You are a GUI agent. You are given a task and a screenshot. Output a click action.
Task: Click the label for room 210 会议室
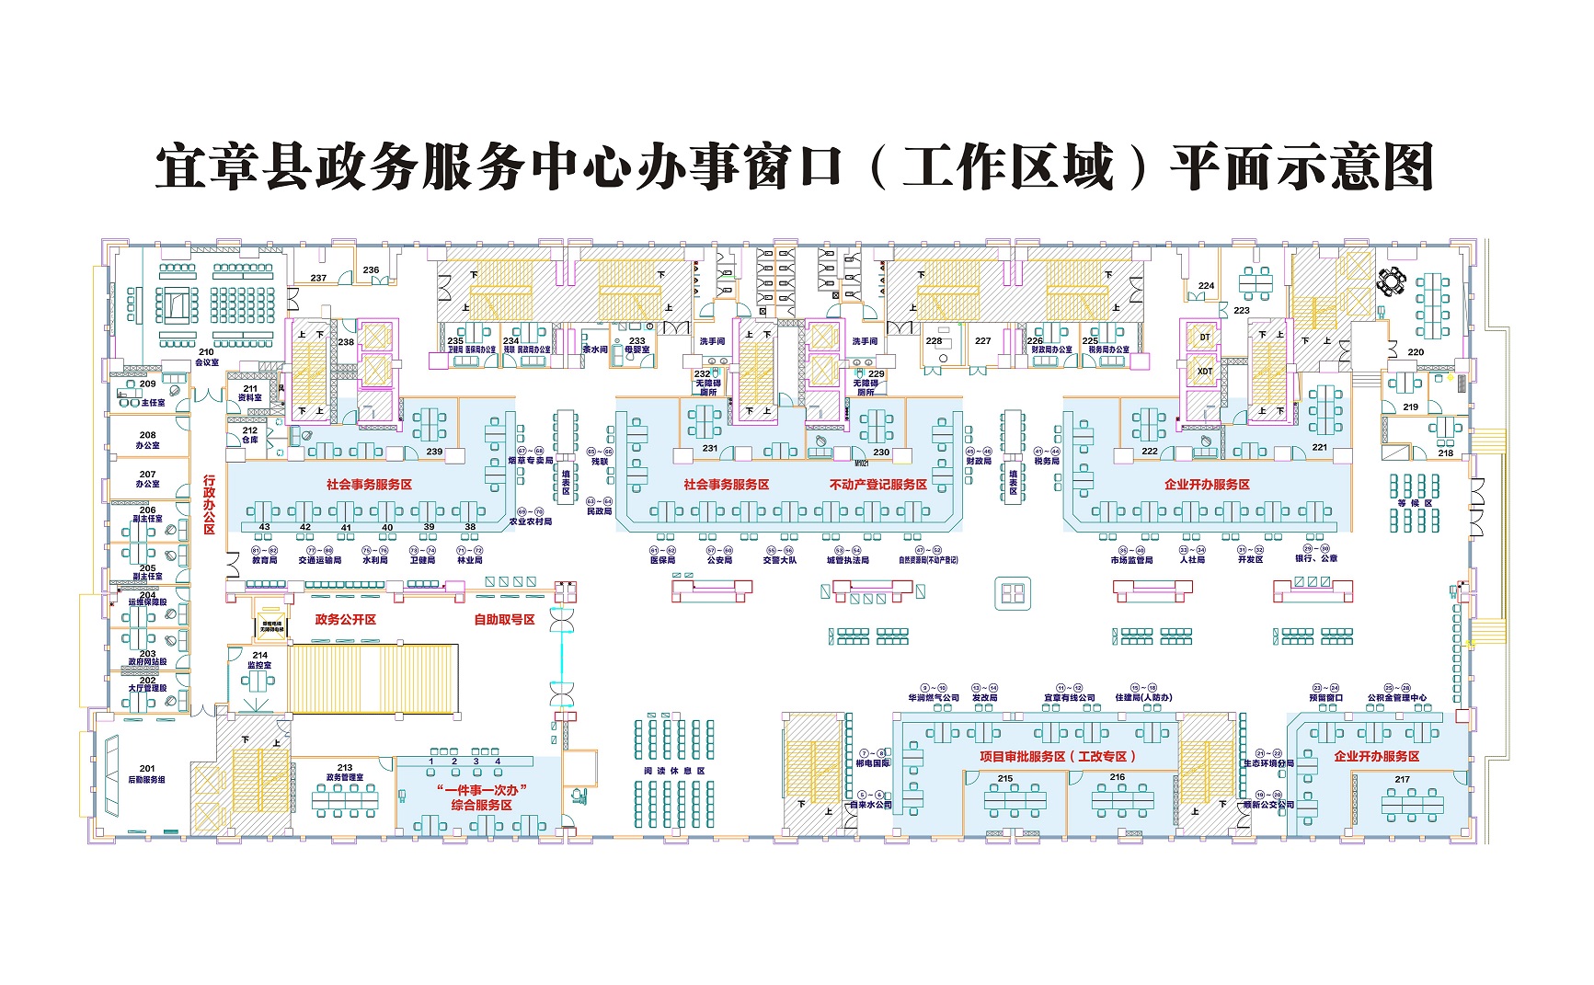click(x=206, y=357)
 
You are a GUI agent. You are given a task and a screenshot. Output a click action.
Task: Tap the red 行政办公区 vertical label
click(x=209, y=505)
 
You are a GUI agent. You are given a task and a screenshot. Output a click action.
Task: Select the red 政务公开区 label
click(x=346, y=620)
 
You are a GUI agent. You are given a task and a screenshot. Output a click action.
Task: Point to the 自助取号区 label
click(x=504, y=620)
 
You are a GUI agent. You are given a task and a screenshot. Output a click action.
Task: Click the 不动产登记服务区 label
click(x=877, y=485)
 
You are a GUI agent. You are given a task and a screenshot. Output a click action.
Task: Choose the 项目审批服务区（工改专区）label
click(x=1059, y=756)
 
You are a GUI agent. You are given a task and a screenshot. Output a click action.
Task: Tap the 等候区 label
click(x=1415, y=503)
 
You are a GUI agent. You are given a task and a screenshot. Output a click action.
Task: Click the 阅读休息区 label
click(x=673, y=771)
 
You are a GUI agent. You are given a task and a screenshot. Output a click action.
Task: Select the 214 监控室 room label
click(x=259, y=660)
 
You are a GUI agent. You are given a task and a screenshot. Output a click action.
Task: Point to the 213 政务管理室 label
click(x=345, y=773)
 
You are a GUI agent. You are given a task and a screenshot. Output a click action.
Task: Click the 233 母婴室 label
click(x=636, y=345)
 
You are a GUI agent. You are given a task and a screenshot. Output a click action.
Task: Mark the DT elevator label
click(x=1205, y=338)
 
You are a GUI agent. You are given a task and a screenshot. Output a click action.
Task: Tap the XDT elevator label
click(x=1205, y=372)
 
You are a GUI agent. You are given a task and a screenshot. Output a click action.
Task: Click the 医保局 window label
click(x=662, y=559)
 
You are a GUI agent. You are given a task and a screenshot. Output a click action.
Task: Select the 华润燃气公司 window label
click(x=934, y=697)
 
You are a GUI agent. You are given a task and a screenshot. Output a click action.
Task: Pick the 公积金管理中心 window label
click(x=1396, y=697)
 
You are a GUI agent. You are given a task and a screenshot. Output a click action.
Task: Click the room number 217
click(x=1402, y=779)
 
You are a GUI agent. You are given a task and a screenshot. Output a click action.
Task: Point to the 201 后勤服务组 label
click(x=147, y=774)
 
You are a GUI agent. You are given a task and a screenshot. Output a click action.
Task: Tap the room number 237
click(x=318, y=278)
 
